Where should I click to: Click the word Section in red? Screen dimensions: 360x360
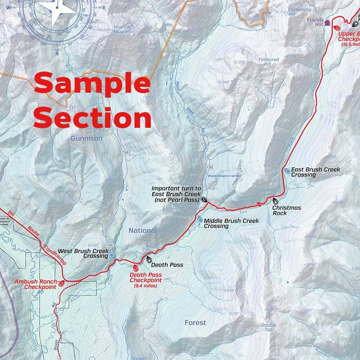92,119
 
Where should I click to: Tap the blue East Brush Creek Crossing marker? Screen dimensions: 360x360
287,171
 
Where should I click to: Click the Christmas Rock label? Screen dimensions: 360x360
287,210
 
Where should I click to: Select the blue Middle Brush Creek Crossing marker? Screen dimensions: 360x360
200,220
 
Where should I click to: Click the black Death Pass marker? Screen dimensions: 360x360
149,260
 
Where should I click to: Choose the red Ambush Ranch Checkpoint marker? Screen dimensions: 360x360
62,283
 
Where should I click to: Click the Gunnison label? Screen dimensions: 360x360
86,139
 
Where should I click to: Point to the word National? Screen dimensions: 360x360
143,230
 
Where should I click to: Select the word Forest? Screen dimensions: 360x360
195,323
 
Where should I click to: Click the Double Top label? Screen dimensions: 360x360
269,327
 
